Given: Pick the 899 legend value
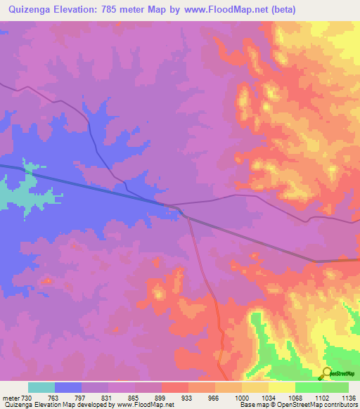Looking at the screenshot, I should click(162, 397).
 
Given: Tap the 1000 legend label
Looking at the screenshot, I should click(242, 397).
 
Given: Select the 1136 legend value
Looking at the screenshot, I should click(347, 397).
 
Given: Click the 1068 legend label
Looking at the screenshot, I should click(295, 397).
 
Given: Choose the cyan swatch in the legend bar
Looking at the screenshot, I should click(41, 387).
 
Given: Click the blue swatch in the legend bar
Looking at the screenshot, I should click(68, 387).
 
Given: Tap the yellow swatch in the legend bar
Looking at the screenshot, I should click(281, 387).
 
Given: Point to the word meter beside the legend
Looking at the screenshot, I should click(11, 397).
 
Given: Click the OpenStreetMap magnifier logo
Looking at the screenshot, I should click(326, 373).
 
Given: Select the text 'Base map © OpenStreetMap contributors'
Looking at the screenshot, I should click(297, 405).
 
